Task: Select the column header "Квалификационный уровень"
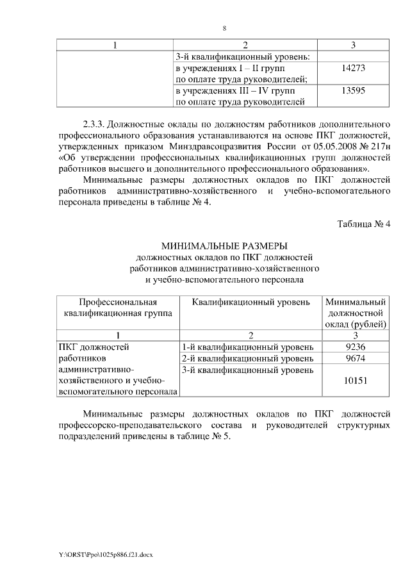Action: coord(251,302)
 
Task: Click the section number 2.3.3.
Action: coord(98,122)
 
